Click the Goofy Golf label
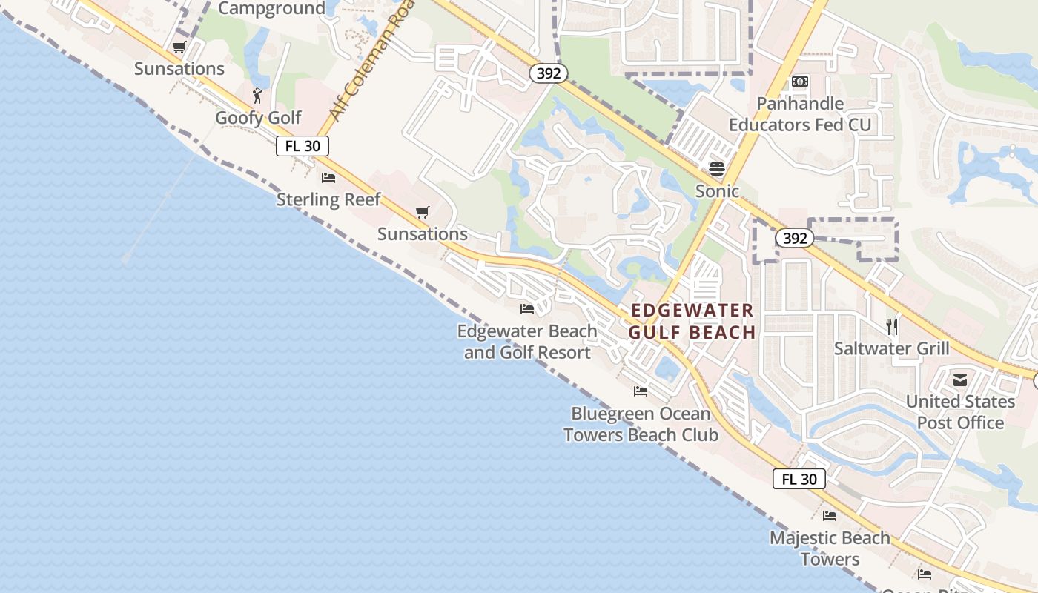pyautogui.click(x=258, y=118)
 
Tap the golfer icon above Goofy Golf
pyautogui.click(x=257, y=96)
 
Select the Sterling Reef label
pyautogui.click(x=328, y=199)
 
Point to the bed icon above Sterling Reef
pyautogui.click(x=328, y=178)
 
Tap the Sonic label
pyautogui.click(x=717, y=191)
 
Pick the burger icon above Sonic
pyautogui.click(x=716, y=169)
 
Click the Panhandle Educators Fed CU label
pyautogui.click(x=800, y=114)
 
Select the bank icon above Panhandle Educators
pyautogui.click(x=800, y=82)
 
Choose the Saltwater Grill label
pyautogui.click(x=891, y=348)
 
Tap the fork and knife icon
pyautogui.click(x=892, y=326)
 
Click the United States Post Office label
pyautogui.click(x=960, y=412)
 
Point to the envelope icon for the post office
pyautogui.click(x=960, y=381)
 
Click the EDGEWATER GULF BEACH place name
pyautogui.click(x=692, y=321)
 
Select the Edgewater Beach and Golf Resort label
pyautogui.click(x=527, y=342)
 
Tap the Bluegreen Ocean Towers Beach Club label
pyautogui.click(x=641, y=424)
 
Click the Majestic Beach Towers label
pyautogui.click(x=830, y=549)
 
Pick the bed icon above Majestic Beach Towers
pyautogui.click(x=830, y=516)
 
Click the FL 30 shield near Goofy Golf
pyautogui.click(x=303, y=146)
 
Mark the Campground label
pyautogui.click(x=272, y=9)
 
